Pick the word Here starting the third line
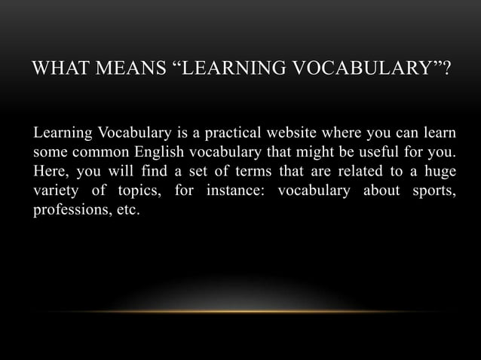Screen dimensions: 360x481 coord(48,172)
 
